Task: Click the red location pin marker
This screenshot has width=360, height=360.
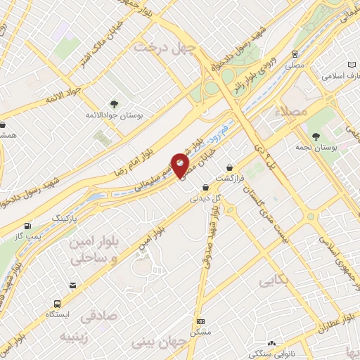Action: (181, 165)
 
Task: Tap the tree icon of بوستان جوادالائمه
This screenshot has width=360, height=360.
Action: (115, 103)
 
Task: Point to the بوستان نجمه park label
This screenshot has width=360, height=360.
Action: (335, 148)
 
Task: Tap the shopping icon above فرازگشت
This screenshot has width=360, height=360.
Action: (231, 167)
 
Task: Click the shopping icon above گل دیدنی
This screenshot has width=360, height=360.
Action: (205, 188)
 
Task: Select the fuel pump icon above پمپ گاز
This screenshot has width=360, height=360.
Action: (27, 226)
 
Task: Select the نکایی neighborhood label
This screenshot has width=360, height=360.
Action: (274, 281)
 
